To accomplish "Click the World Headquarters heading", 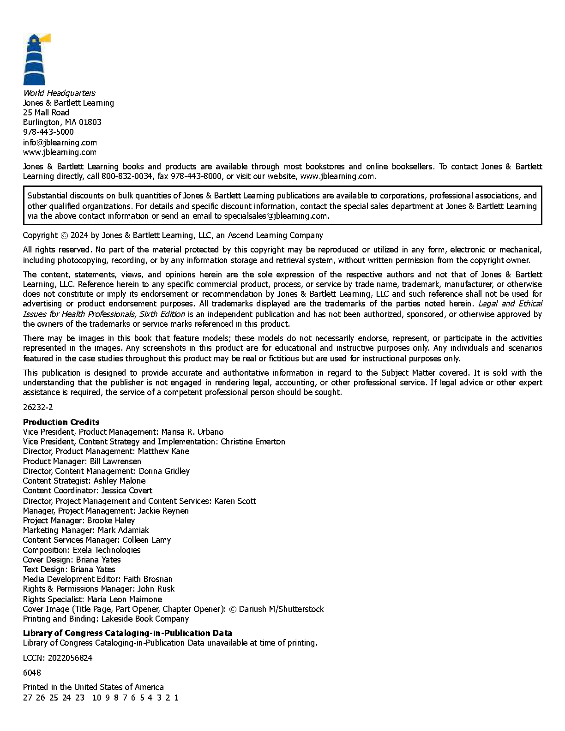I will pyautogui.click(x=59, y=93).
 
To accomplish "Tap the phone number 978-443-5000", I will pyautogui.click(x=48, y=132).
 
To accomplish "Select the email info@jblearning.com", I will pyautogui.click(x=60, y=142).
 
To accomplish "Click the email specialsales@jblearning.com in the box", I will pyautogui.click(x=276, y=216).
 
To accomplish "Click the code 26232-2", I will pyautogui.click(x=38, y=407).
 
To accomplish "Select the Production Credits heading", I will pyautogui.click(x=61, y=422).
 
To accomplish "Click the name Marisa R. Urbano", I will pyautogui.click(x=192, y=432).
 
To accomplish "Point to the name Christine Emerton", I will pyautogui.click(x=252, y=442).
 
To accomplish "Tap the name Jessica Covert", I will pyautogui.click(x=126, y=491).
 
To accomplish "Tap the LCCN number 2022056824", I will pyautogui.click(x=70, y=658).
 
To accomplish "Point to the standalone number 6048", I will pyautogui.click(x=32, y=673).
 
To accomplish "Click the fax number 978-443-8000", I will pyautogui.click(x=196, y=176).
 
